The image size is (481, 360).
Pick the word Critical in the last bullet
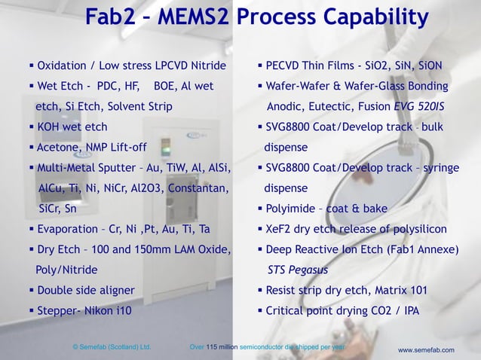(x=287, y=310)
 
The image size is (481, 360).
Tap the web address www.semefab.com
(x=426, y=350)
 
